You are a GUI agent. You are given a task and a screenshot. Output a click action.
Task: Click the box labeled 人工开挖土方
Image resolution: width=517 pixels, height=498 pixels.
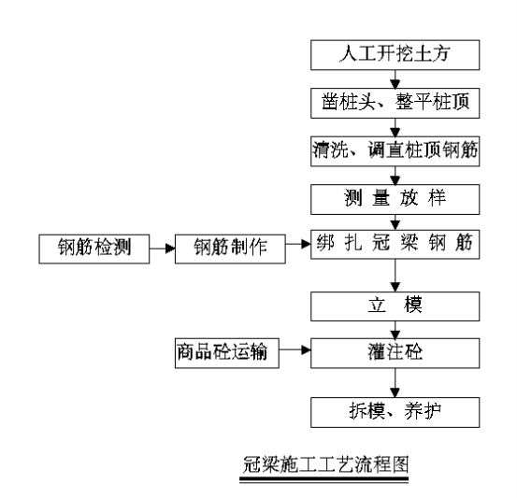point(395,55)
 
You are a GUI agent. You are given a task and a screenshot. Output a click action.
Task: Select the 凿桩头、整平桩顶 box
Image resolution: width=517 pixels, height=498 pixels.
point(395,103)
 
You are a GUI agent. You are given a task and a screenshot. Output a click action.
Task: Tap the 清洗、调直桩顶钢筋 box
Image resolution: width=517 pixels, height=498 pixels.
point(395,151)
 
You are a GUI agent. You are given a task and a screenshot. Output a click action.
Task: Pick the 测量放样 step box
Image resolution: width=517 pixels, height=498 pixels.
point(395,199)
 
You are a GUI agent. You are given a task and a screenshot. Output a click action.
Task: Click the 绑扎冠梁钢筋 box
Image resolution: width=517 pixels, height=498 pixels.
point(395,244)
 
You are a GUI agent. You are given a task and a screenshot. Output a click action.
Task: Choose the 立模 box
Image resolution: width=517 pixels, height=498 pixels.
point(395,306)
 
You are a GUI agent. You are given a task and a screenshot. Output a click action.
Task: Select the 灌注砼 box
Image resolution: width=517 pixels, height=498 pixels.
point(395,353)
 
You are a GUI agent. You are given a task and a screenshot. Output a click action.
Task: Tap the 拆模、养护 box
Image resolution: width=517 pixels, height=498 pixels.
point(395,412)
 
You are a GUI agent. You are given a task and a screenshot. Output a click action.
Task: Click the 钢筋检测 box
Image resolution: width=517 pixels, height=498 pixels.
point(94,249)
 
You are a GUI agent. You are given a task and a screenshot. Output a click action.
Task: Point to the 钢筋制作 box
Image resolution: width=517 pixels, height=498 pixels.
point(230,249)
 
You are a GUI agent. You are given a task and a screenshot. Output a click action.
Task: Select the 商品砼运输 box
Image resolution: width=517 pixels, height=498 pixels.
point(227,353)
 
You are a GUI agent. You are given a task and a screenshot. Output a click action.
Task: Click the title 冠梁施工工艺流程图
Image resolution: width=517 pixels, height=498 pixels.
point(325,464)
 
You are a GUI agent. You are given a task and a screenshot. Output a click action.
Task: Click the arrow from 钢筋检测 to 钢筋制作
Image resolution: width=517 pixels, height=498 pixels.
point(163,249)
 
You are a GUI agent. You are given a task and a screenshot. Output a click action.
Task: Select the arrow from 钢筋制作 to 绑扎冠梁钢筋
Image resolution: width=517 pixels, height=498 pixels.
point(298,244)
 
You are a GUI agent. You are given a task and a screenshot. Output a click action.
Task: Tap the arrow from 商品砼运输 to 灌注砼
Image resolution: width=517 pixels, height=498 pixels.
point(294,350)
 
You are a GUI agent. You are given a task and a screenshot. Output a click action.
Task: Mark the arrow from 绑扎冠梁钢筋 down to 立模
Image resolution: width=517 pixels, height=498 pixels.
point(395,276)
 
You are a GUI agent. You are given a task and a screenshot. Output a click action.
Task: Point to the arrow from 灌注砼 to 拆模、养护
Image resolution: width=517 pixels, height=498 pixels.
point(395,383)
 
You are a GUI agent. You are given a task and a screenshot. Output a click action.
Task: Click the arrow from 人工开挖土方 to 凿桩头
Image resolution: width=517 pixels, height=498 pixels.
point(395,79)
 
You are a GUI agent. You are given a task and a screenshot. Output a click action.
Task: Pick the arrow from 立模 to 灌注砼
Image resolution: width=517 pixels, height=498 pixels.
point(395,330)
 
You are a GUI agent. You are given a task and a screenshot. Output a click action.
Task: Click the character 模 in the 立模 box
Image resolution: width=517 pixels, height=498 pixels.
point(413,306)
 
